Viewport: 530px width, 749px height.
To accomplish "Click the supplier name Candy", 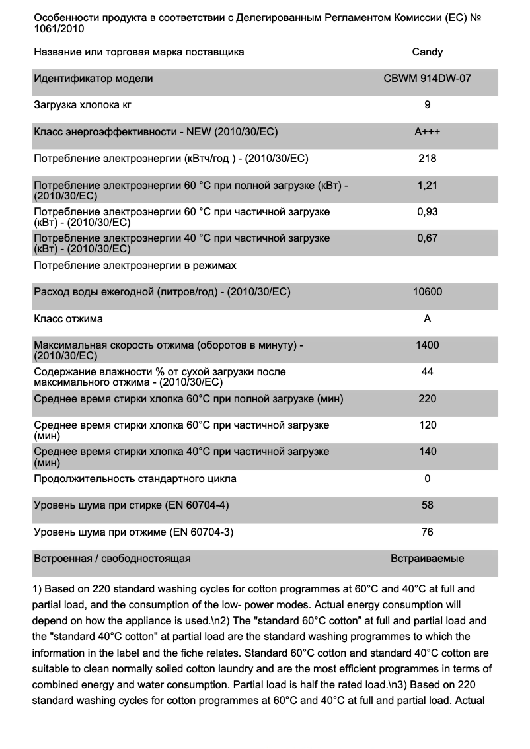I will coord(428,52).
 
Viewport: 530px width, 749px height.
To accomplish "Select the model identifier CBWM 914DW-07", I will coord(428,79).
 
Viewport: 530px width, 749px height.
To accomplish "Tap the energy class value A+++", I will coord(428,132).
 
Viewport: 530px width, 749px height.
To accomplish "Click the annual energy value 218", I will coord(428,159).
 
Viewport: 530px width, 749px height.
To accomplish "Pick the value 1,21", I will coord(428,186).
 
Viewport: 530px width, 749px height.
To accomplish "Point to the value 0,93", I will coord(428,212).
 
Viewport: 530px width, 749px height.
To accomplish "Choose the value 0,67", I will coord(428,238).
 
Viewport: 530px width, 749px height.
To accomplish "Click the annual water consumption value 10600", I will coord(428,292).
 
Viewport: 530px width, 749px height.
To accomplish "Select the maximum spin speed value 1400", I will coord(428,345).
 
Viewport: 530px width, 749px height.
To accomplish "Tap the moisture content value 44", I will coord(428,372).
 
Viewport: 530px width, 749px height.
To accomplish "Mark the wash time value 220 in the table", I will coord(428,399).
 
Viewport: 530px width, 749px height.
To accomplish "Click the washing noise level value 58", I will coord(428,505).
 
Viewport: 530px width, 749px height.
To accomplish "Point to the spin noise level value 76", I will coord(428,532).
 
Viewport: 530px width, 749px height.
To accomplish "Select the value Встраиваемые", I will coord(428,559).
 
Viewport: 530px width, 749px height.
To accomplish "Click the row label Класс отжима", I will coord(68,319).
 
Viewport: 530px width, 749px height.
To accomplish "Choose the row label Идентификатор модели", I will coord(93,79).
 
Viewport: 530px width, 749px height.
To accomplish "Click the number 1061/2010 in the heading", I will coord(59,29).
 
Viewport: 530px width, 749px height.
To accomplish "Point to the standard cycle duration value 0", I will coord(428,479).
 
